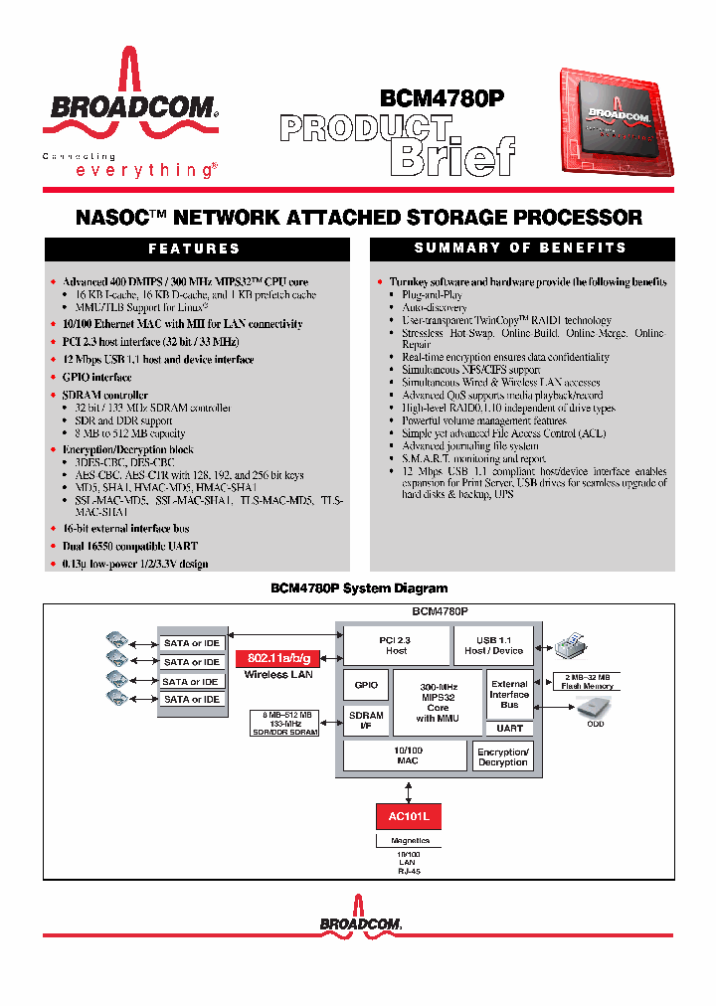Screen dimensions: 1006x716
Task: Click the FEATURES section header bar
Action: [x=194, y=249]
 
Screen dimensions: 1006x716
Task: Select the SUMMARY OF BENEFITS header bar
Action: [x=521, y=248]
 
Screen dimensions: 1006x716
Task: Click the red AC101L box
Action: [x=409, y=816]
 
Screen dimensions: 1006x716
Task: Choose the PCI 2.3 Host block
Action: [x=396, y=645]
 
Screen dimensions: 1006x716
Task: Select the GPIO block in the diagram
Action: [x=365, y=685]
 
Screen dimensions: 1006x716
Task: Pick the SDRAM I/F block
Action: [x=365, y=721]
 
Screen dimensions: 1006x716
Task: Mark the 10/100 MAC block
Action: [x=405, y=755]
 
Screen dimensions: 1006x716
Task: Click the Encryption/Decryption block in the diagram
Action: [x=502, y=756]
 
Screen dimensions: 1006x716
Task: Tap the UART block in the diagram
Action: [x=509, y=729]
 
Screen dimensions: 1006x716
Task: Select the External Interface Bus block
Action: [x=509, y=694]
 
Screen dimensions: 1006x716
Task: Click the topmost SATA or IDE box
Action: [x=191, y=643]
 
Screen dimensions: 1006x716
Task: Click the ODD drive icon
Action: [x=595, y=707]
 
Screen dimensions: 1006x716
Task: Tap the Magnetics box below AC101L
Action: [x=409, y=841]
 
